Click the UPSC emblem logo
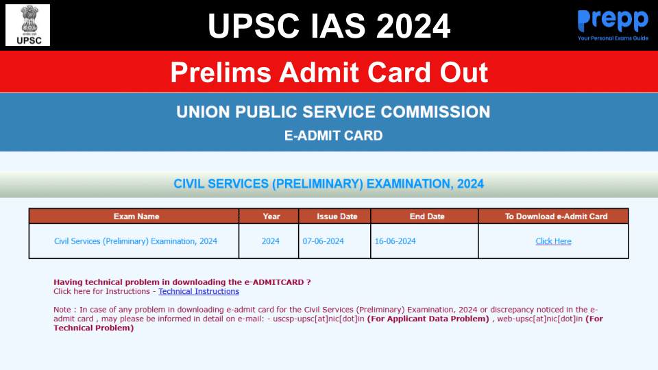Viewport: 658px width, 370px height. [27, 25]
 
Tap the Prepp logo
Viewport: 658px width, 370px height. [612, 21]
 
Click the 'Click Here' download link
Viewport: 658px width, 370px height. [553, 241]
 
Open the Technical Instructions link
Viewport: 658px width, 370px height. [199, 291]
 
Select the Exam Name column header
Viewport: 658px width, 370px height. [136, 217]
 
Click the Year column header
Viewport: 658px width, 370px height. [271, 217]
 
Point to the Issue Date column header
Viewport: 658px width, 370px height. [337, 217]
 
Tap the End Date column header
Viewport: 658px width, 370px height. [427, 217]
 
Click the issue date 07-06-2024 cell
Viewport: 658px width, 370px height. [324, 241]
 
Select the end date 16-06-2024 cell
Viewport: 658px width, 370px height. [395, 241]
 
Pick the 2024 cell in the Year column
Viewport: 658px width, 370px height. [271, 241]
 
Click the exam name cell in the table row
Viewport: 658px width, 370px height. [136, 241]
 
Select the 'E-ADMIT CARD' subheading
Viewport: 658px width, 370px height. [333, 136]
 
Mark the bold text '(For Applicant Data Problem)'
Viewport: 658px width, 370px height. [428, 319]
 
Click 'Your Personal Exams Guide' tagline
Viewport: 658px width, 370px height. [613, 38]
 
